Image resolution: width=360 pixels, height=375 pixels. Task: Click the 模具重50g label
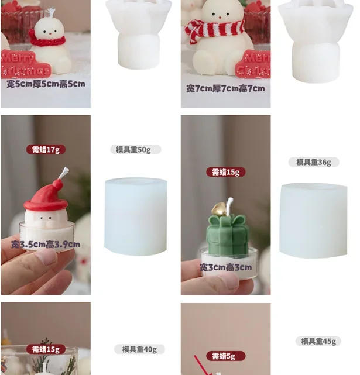point(135,150)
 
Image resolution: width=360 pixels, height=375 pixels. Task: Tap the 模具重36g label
point(313,162)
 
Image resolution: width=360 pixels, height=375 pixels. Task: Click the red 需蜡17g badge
point(46,150)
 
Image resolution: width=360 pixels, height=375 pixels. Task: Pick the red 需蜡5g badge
point(225,356)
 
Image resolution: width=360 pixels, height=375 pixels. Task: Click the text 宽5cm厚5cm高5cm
point(46,84)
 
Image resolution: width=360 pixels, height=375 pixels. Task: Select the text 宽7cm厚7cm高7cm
point(225,88)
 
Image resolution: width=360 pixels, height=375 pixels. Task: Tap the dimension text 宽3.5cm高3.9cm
point(46,244)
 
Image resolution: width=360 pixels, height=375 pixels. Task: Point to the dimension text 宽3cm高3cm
point(225,267)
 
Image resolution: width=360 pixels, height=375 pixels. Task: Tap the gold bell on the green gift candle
point(218,209)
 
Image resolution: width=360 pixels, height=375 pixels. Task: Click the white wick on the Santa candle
point(63,173)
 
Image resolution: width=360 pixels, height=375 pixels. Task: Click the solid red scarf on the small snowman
point(47,41)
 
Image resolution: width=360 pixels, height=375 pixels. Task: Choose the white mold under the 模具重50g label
point(135,216)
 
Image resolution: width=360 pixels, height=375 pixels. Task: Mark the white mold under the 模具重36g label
point(313,219)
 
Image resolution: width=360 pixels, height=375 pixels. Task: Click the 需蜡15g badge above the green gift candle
point(225,172)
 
